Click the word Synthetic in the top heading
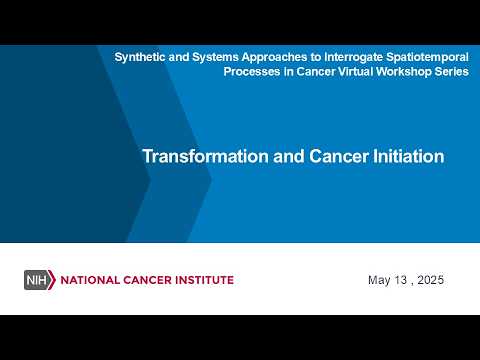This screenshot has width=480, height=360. [x=140, y=57]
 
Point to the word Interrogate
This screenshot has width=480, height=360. [x=354, y=57]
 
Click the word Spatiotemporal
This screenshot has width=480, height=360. [x=427, y=57]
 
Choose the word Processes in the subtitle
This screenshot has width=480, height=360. [x=252, y=72]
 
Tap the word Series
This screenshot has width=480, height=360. [x=452, y=72]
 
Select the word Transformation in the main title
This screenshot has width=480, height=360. [x=205, y=156]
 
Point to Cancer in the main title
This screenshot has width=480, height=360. [x=339, y=156]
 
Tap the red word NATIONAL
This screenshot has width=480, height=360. [x=90, y=280]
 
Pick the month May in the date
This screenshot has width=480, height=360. [x=379, y=280]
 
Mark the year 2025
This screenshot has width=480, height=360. [x=430, y=280]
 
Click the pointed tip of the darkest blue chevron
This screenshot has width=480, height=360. [x=150, y=180]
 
